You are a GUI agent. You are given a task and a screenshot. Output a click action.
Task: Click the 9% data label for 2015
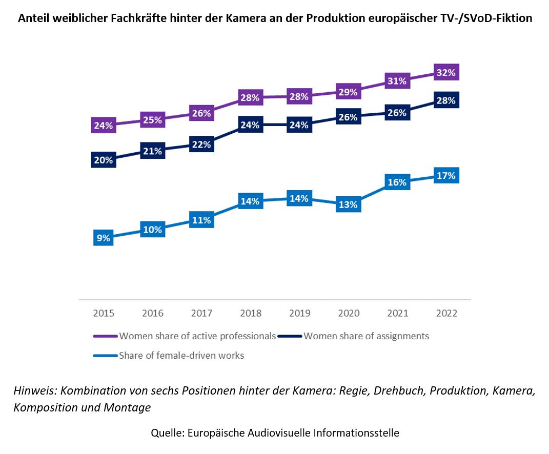103,238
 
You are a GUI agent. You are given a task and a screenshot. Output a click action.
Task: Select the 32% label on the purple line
445,73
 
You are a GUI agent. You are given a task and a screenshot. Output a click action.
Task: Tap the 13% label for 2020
348,204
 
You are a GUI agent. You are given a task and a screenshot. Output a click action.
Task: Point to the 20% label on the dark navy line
103,160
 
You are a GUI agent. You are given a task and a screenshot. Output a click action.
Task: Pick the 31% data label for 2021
397,81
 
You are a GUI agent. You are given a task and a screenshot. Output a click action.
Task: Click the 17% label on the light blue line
445,176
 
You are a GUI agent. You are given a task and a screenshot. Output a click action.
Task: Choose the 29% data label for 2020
348,92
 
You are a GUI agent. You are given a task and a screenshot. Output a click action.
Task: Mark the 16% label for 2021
397,182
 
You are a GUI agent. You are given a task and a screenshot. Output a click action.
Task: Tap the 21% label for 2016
152,151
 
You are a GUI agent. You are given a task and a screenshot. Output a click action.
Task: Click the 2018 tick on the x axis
250,313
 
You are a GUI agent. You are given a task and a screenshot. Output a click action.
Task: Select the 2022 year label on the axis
446,313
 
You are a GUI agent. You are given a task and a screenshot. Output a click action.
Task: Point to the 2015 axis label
104,313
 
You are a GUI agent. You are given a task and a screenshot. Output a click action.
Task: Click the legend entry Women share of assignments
366,336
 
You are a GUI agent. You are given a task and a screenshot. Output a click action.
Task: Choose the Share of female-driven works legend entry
181,355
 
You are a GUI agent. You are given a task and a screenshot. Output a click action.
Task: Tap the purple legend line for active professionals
105,337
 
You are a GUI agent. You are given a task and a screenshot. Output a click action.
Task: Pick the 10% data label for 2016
152,230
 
